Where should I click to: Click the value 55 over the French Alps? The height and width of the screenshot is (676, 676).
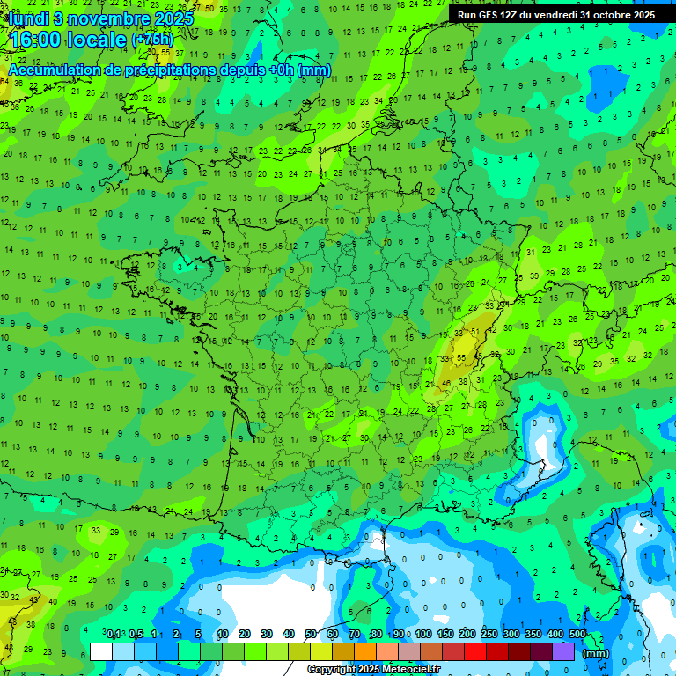(x=462, y=358)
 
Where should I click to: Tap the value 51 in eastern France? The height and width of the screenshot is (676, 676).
(x=474, y=332)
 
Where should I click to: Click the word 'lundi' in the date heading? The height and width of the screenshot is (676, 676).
(x=26, y=18)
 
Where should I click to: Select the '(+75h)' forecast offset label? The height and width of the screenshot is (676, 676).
(x=153, y=40)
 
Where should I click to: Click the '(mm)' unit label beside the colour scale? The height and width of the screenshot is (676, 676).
(x=596, y=653)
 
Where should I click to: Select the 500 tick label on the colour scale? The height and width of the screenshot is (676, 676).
(x=577, y=634)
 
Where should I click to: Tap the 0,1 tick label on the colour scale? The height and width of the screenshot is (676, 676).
(x=114, y=634)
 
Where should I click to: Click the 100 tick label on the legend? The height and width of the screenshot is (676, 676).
(x=423, y=634)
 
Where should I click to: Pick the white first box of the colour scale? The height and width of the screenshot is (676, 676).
(x=101, y=652)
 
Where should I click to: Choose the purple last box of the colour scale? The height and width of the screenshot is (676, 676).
(x=563, y=652)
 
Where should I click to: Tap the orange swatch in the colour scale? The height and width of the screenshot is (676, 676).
(x=365, y=652)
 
